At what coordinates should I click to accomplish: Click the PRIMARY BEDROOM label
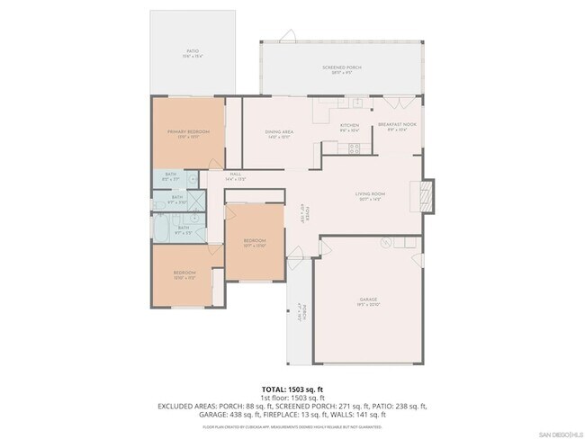[x=188, y=132]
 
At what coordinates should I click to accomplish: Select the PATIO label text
[x=193, y=51]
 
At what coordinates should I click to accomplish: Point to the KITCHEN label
[x=349, y=125]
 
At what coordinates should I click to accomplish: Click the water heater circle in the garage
[x=384, y=240]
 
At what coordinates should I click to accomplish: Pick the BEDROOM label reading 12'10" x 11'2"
[x=184, y=275]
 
